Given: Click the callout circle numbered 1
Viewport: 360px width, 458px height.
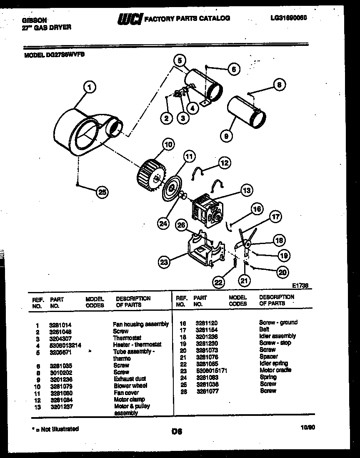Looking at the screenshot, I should [x=89, y=87].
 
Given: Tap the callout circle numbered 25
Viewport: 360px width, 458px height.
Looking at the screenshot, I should [x=102, y=192].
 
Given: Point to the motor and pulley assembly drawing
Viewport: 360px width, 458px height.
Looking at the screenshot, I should [x=206, y=211].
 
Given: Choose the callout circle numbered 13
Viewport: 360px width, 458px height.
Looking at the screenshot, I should [x=247, y=191].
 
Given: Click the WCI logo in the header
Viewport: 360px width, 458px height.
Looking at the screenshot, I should [x=130, y=19].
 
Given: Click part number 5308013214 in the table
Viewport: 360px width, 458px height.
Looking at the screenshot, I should [x=65, y=345].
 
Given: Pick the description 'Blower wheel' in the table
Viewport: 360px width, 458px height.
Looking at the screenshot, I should [x=130, y=386].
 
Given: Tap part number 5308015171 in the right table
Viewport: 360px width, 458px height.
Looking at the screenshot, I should [x=211, y=370].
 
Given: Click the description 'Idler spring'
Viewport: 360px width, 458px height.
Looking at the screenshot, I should [x=273, y=363].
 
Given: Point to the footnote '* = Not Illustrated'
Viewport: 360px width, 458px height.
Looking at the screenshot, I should [x=55, y=429].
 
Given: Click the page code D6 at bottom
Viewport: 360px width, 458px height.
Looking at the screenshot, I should [x=177, y=432].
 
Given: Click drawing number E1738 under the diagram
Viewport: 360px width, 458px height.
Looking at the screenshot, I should [x=302, y=286].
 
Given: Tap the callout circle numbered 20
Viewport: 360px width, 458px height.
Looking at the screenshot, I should [x=282, y=272].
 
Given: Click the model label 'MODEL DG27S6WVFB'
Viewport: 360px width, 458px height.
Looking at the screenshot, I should [x=55, y=54].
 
